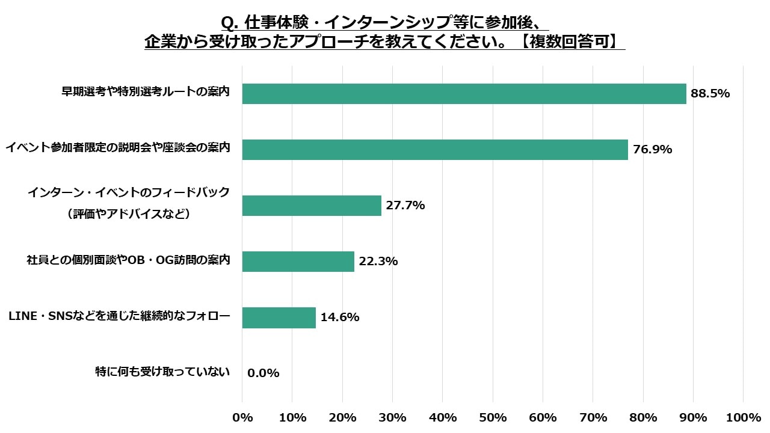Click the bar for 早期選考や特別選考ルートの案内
coord(464,94)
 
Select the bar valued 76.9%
coord(434,150)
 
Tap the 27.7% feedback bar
coord(312,206)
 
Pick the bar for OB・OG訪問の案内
coord(298,262)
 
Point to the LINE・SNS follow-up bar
coord(279,318)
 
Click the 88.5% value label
coord(710,94)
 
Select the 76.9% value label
coord(652,150)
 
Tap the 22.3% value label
coord(378,262)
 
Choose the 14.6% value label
coord(340,318)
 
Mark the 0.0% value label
coord(263,373)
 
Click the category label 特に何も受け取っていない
coord(162,372)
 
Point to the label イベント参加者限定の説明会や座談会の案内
coord(118,147)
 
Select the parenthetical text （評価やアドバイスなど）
coord(129,213)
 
